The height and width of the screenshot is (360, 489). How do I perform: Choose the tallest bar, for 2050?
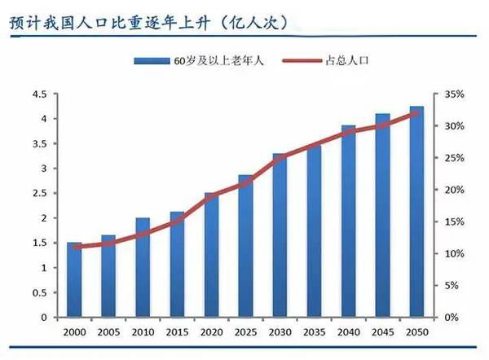416,212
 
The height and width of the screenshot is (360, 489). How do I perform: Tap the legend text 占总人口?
351,61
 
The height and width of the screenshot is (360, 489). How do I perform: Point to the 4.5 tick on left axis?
39,94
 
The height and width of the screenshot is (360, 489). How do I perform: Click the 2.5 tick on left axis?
39,194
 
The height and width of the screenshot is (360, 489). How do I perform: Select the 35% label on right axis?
454,94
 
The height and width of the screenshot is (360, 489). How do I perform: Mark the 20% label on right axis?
454,190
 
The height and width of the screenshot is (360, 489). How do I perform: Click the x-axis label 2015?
176,333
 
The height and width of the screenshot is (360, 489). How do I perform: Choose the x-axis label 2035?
314,333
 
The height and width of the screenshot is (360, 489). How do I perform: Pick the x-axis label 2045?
382,333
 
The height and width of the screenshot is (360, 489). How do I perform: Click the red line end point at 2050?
416,113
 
